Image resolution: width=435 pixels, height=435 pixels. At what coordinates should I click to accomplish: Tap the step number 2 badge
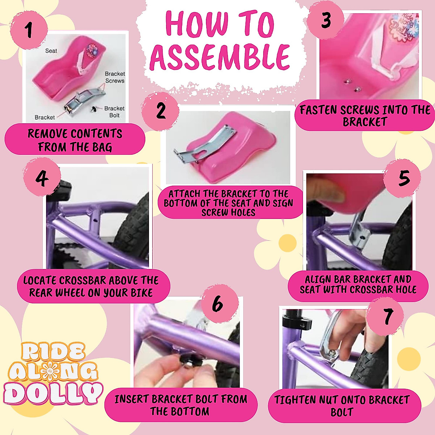pos(161,111)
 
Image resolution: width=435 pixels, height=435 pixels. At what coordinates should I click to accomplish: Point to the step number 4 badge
pos(42,178)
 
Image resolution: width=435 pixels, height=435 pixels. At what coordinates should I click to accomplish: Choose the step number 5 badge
pos(403,178)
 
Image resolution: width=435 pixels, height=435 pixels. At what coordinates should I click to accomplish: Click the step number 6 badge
pos(217,304)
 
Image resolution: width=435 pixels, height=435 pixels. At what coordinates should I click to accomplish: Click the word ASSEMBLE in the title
pos(220,57)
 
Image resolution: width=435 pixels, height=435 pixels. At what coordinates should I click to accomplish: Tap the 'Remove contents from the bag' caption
pos(75,140)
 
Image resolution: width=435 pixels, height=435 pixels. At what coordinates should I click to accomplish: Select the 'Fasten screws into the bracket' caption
pos(365,115)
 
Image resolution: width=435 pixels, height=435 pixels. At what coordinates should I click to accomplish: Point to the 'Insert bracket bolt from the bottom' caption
pos(181,405)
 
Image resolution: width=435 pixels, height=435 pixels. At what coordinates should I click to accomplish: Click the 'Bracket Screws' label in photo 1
pos(115,77)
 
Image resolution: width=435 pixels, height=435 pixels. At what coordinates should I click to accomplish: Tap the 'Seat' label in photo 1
pos(51,51)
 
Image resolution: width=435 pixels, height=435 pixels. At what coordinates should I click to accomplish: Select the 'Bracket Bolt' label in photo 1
pos(114,112)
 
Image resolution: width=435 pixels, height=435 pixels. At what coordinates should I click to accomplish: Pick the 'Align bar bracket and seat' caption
pos(358,285)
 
